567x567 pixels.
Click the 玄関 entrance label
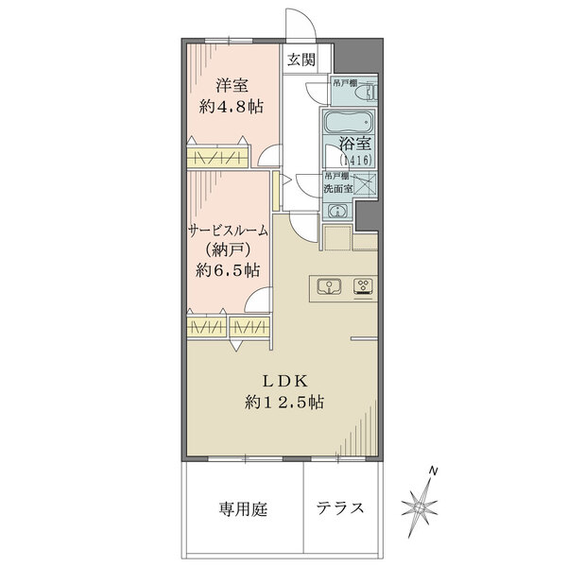coord(301,60)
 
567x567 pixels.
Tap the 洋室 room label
coord(230,84)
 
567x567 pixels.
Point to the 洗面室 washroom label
coord(337,188)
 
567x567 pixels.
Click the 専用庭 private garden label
coord(244,509)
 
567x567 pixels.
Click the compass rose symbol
coord(419,507)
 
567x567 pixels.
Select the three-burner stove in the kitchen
coord(363,286)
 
